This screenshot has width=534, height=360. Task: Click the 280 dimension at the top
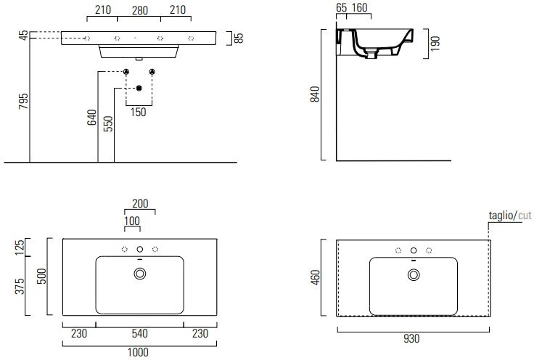[x=140, y=11]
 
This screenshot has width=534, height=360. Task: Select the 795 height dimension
[x=23, y=101]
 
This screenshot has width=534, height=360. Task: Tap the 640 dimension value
[x=91, y=118]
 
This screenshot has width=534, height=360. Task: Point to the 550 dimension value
[x=108, y=124]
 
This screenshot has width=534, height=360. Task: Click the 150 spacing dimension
[x=139, y=112]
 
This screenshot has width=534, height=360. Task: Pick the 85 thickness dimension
[x=239, y=38]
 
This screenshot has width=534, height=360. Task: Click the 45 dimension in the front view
[x=23, y=35]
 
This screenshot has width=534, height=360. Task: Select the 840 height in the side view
[x=315, y=94]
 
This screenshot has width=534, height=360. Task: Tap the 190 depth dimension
[x=435, y=44]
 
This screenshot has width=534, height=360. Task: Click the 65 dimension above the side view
[x=341, y=7]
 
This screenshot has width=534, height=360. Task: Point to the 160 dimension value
[x=359, y=7]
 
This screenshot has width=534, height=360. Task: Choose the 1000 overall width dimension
[x=139, y=353]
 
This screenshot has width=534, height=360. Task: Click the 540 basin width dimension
[x=139, y=333]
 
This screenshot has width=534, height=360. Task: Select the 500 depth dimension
[x=41, y=277]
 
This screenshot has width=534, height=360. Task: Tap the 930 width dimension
[x=411, y=339]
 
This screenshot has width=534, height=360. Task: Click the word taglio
[x=501, y=216]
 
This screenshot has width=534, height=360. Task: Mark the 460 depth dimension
[x=316, y=277]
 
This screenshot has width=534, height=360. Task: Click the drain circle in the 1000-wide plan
[x=140, y=274]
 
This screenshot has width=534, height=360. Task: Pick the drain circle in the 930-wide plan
[x=414, y=274]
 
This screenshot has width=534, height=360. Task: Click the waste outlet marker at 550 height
[x=139, y=89]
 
